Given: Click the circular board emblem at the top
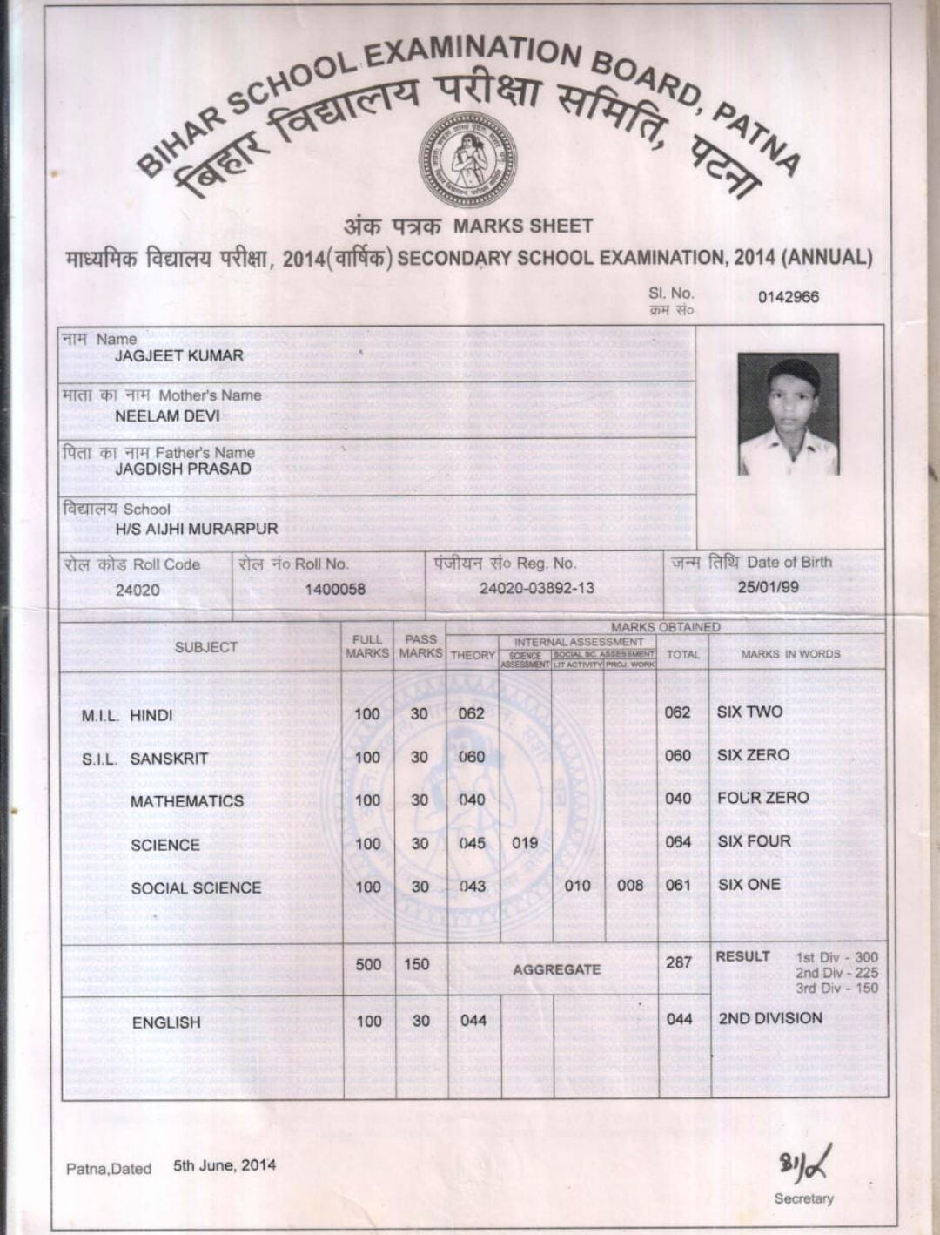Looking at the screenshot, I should (x=467, y=159).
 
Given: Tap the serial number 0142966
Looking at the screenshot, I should (x=788, y=297).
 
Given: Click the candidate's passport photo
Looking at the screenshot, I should (x=788, y=414).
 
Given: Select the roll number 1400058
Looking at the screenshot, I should (x=335, y=590).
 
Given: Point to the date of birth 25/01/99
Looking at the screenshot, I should (x=768, y=587).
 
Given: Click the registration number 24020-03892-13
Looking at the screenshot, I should (x=537, y=588).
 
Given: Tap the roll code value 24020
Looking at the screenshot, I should (x=138, y=591).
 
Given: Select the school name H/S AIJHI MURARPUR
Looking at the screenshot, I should (x=197, y=529).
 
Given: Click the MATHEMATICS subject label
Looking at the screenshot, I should (x=187, y=801).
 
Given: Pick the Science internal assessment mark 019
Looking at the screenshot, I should (x=525, y=843).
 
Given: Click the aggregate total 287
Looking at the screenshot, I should (x=679, y=962).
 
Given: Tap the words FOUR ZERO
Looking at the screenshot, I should (x=762, y=798).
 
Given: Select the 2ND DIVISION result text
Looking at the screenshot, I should (x=770, y=1018).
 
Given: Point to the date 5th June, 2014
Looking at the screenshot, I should (x=225, y=1165).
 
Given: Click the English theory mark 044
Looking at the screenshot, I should (x=473, y=1020).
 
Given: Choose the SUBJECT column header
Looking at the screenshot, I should (x=206, y=647).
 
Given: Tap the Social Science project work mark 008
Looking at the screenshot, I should (x=630, y=886).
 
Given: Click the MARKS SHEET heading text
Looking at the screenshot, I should (x=523, y=226).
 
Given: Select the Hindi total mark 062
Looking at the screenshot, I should (x=677, y=712).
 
